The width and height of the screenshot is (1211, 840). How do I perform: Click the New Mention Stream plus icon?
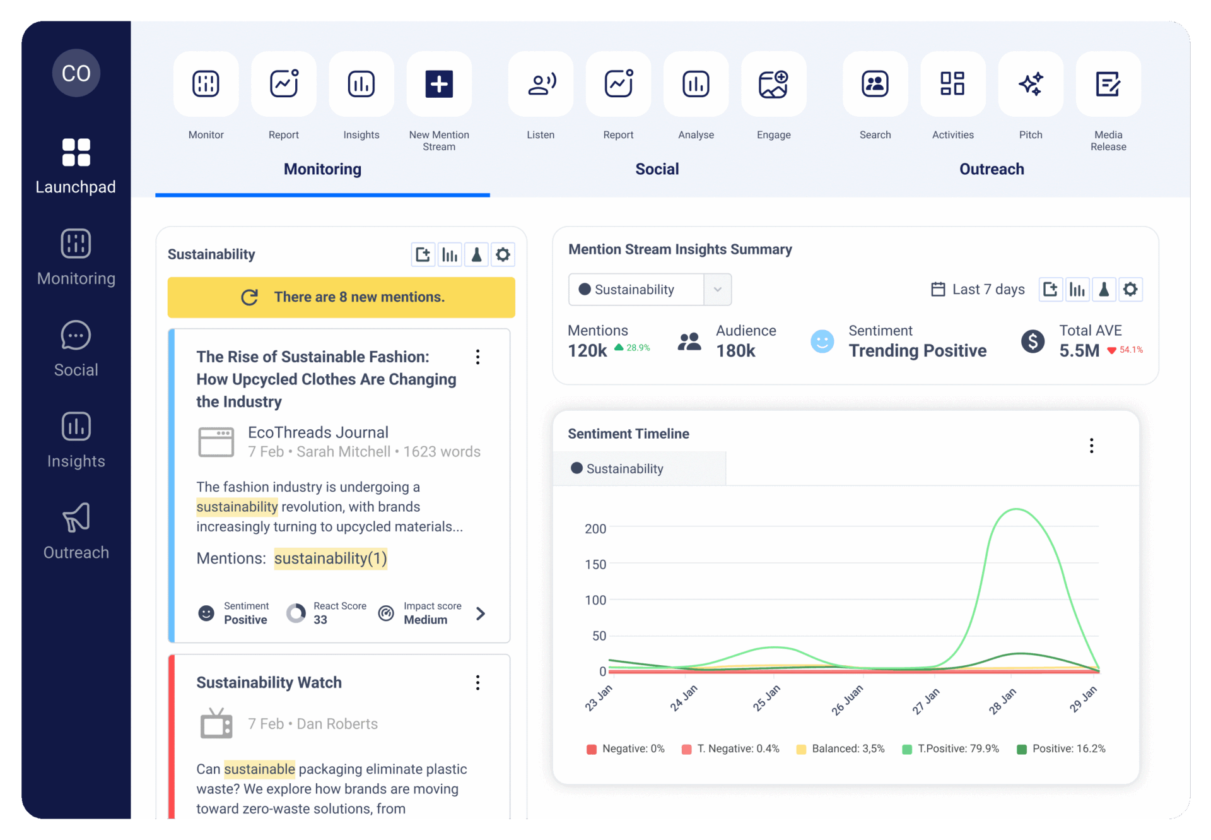[x=439, y=84]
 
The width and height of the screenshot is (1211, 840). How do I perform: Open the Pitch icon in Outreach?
[x=1031, y=84]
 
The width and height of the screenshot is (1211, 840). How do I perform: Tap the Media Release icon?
[x=1108, y=84]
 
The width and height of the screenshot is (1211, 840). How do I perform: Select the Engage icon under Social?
[x=773, y=84]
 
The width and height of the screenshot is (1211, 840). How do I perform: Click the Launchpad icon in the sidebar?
[x=76, y=153]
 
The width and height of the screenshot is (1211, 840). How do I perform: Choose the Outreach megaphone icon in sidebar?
[x=76, y=518]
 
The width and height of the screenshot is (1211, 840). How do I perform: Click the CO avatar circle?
[x=76, y=73]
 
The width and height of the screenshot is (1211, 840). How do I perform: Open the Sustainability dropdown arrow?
[x=718, y=290]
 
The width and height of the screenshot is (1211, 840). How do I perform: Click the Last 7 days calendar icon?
[x=939, y=290]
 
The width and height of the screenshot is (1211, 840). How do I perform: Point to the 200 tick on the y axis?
[x=595, y=529]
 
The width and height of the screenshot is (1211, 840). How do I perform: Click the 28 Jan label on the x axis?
[x=1003, y=701]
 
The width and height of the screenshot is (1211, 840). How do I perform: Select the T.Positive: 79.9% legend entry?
[x=951, y=749]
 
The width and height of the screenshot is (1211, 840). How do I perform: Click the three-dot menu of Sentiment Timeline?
[x=1091, y=446]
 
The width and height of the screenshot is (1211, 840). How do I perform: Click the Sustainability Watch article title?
[x=269, y=683]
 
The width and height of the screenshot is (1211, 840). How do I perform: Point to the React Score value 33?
[x=320, y=620]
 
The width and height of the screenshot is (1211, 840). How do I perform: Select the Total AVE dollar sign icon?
[x=1033, y=341]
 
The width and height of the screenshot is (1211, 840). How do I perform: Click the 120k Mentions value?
[x=587, y=351]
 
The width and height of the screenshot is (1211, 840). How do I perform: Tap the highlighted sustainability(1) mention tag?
[x=331, y=559]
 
